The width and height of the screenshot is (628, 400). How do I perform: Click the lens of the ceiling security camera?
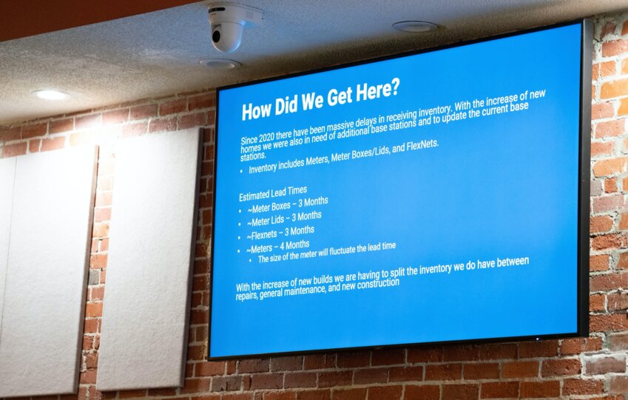click(217, 36)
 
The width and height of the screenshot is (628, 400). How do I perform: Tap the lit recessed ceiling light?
click(51, 95)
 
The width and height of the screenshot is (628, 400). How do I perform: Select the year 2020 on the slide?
click(267, 137)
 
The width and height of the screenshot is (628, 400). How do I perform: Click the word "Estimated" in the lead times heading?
click(254, 195)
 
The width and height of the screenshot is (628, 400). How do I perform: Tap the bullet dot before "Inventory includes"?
click(241, 171)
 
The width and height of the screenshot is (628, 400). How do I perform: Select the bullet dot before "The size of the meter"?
click(250, 260)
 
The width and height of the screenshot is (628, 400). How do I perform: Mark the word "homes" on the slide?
click(251, 147)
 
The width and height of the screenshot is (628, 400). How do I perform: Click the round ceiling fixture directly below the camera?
click(220, 64)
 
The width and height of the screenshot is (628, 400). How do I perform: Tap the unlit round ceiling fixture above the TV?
click(415, 27)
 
